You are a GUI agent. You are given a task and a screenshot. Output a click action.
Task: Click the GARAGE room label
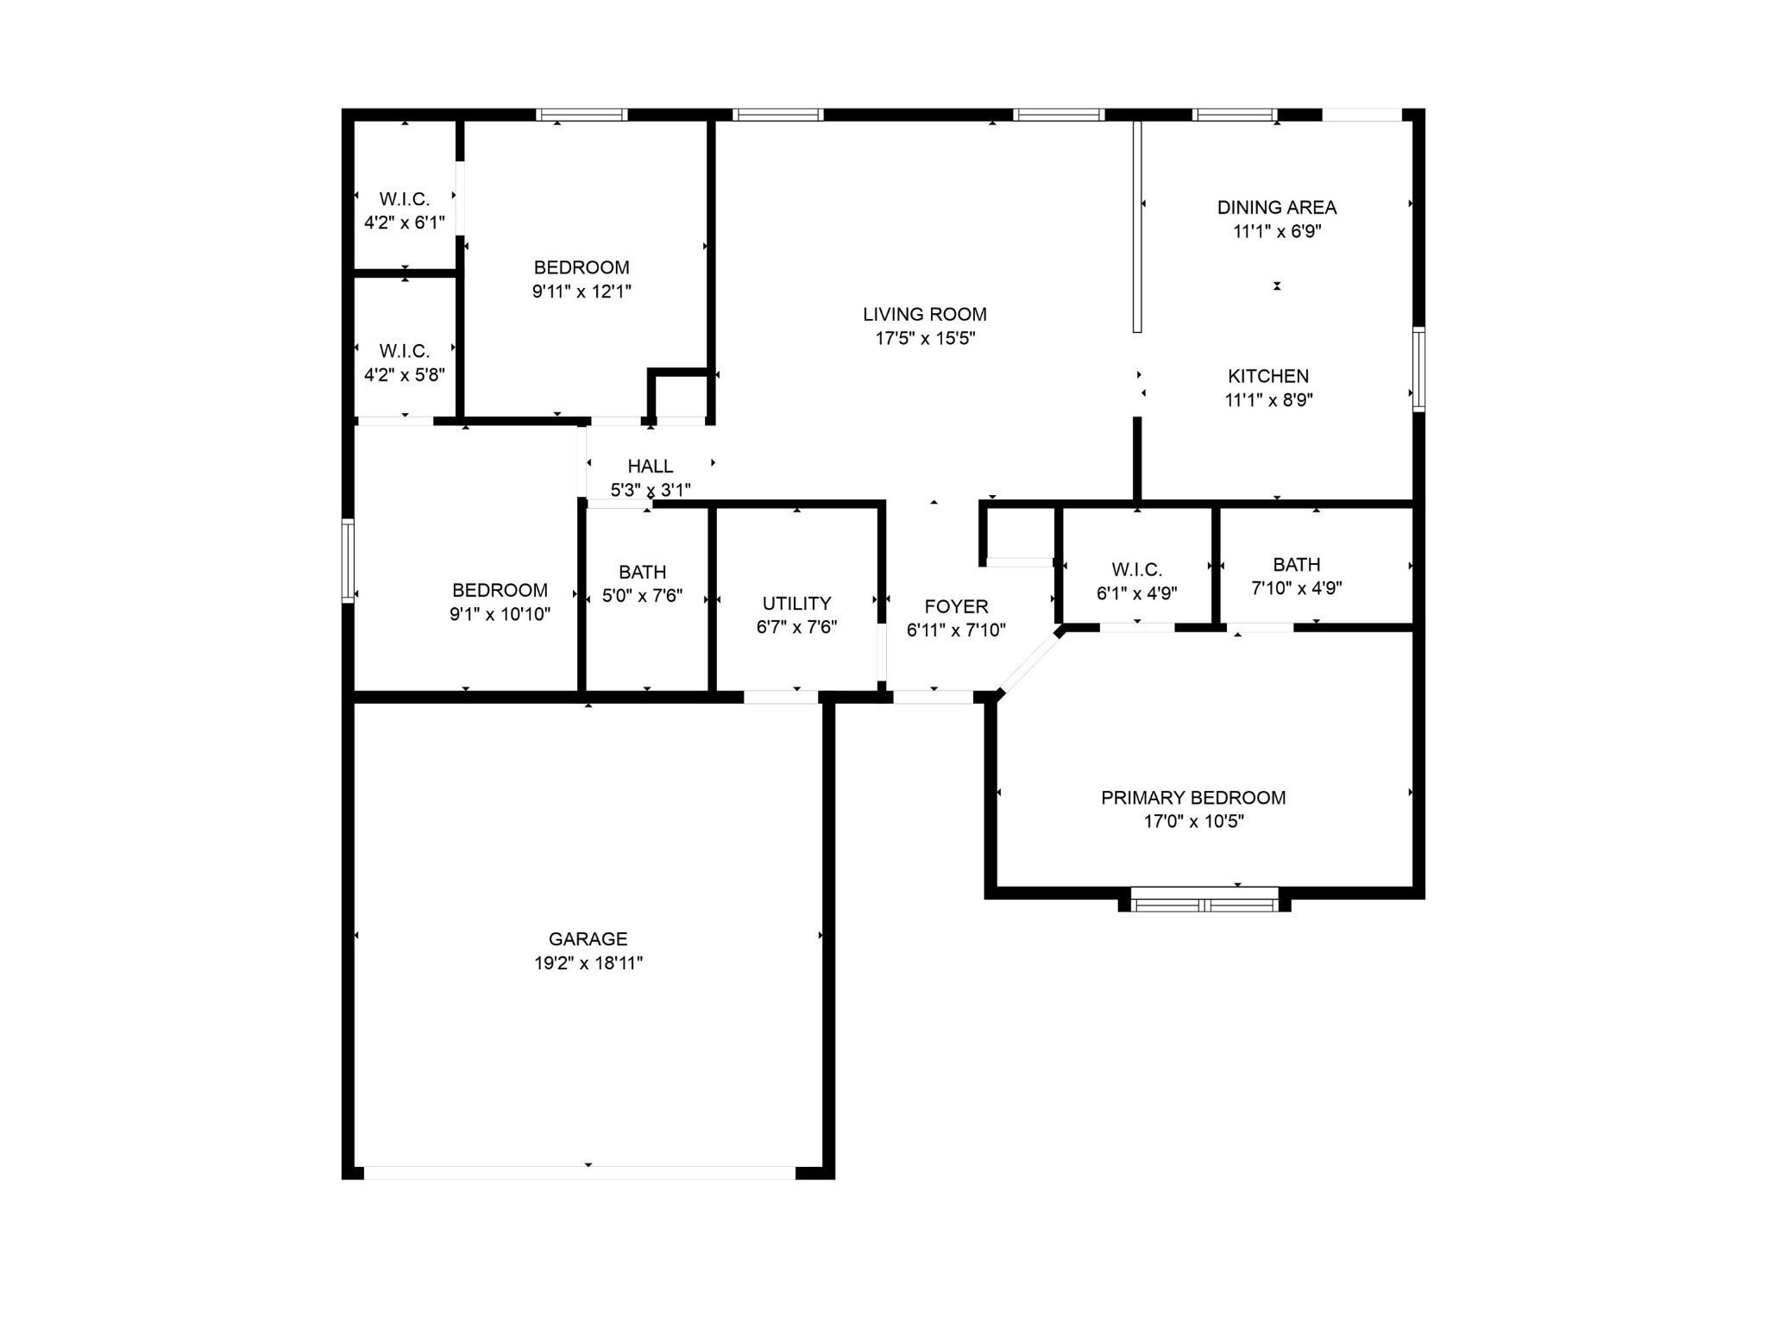(x=588, y=938)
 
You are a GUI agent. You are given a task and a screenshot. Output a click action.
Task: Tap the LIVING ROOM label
(x=925, y=314)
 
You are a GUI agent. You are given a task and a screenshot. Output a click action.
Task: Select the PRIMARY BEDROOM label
(x=1193, y=798)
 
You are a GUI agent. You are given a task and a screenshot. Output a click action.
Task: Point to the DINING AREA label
(x=1277, y=207)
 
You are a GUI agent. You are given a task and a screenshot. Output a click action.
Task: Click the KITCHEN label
(x=1268, y=376)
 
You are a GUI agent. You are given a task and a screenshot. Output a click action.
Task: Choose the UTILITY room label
(x=796, y=604)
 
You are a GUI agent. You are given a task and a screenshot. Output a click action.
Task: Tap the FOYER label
(x=956, y=606)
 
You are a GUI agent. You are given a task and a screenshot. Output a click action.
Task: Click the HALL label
(x=651, y=467)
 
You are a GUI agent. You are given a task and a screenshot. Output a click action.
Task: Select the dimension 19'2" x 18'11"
(x=588, y=963)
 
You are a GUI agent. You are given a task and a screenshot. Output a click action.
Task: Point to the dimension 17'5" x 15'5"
(x=925, y=338)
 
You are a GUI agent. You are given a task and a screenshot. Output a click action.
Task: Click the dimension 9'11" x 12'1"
(x=582, y=292)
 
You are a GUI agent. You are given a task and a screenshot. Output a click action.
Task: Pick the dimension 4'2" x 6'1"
(x=405, y=223)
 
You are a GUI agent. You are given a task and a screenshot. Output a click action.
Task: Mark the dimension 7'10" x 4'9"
(x=1297, y=588)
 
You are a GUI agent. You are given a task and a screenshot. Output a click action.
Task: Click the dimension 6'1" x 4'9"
(x=1137, y=593)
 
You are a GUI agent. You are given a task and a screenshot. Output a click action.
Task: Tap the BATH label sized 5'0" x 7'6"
(x=642, y=572)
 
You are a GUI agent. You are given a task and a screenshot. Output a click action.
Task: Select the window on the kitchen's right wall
(x=1418, y=369)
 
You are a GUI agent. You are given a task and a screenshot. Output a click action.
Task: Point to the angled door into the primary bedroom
(x=1030, y=661)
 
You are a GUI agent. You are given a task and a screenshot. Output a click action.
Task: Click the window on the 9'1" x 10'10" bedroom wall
(x=349, y=560)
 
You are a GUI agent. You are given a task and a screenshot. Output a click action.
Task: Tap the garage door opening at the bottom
(x=580, y=1173)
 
